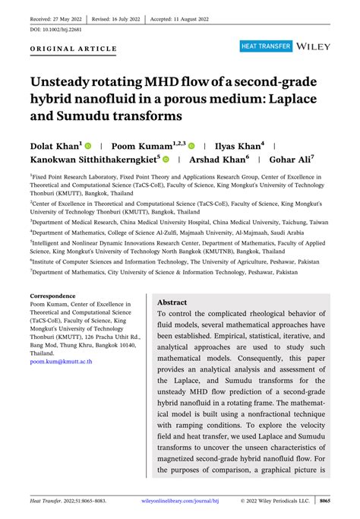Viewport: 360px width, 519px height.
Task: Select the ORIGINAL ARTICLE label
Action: (x=74, y=49)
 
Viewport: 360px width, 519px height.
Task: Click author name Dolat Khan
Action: (x=55, y=144)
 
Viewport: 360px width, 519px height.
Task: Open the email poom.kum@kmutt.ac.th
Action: (x=62, y=362)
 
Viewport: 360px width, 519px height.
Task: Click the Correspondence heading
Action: (x=52, y=296)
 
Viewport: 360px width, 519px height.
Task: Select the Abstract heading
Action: (x=172, y=302)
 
